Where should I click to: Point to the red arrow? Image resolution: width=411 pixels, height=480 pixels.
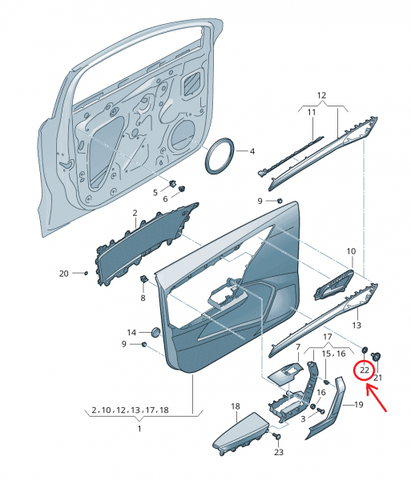pos(377,398)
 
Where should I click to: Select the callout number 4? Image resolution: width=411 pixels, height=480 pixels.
pos(252,151)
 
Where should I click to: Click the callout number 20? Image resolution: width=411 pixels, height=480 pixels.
pos(64,273)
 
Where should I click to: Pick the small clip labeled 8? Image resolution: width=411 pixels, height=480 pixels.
pos(143,279)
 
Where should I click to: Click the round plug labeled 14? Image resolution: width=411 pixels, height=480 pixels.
pos(156,332)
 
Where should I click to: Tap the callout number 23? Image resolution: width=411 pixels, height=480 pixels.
pos(279,452)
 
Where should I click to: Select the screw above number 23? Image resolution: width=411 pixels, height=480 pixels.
pos(276,436)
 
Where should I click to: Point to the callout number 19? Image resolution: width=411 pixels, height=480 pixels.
pos(359,405)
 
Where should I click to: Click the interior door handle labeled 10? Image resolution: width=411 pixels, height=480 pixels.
pos(333,285)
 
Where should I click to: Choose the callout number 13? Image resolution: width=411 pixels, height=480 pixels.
pos(357,325)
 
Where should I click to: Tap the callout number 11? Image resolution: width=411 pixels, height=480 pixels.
pos(312,112)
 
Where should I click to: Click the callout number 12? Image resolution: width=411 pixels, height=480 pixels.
pos(321,95)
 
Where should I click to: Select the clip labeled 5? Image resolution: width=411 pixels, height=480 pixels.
pos(172,184)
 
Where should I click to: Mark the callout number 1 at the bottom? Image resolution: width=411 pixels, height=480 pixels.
pos(139,428)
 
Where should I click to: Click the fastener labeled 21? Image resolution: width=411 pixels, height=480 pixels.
pos(376,357)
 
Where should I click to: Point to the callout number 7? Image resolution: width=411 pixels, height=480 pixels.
pos(297,347)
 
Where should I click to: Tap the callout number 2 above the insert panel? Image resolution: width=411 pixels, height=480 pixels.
pos(135,213)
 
